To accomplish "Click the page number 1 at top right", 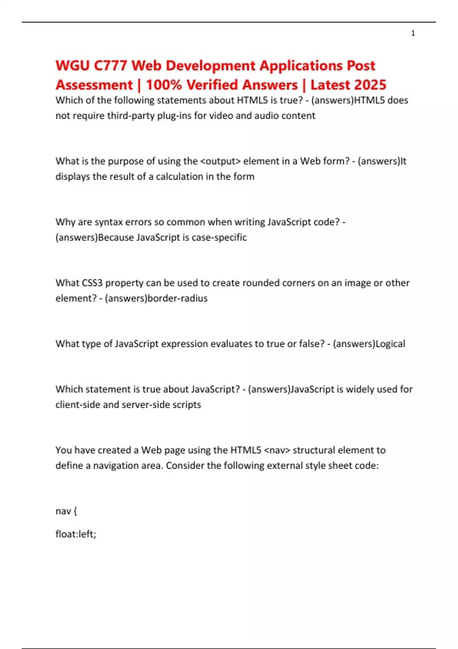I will pyautogui.click(x=413, y=33).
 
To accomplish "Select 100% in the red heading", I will pyautogui.click(x=164, y=85).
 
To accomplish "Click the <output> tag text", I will pyautogui.click(x=220, y=161).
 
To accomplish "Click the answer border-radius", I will pyautogui.click(x=177, y=298).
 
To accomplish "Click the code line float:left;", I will pyautogui.click(x=76, y=534).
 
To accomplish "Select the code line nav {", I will pyautogui.click(x=66, y=511).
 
